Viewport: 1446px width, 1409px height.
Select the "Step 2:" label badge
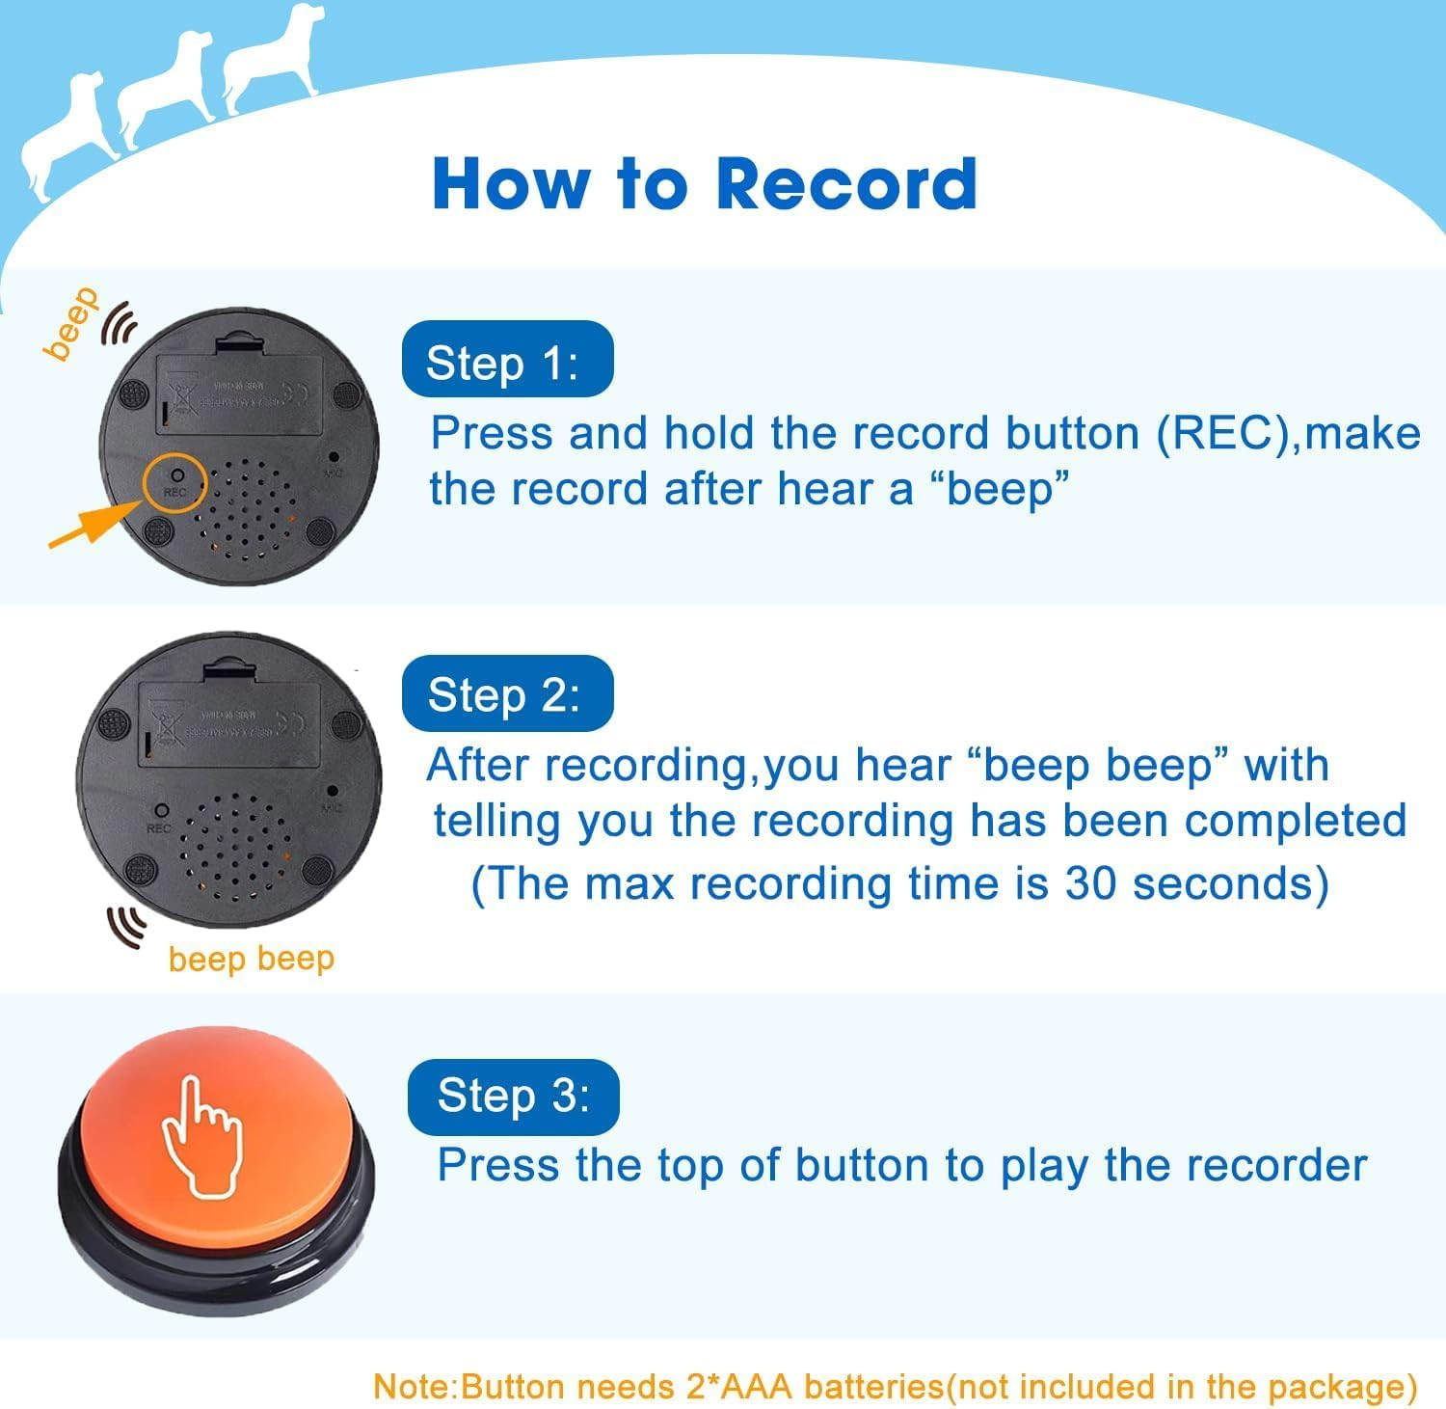click(507, 693)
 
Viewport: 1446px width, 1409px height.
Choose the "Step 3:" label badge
click(514, 1096)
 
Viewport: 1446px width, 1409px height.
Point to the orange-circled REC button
click(175, 481)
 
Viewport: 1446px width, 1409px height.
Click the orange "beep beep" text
click(251, 959)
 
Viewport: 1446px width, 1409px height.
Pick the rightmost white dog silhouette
click(270, 68)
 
